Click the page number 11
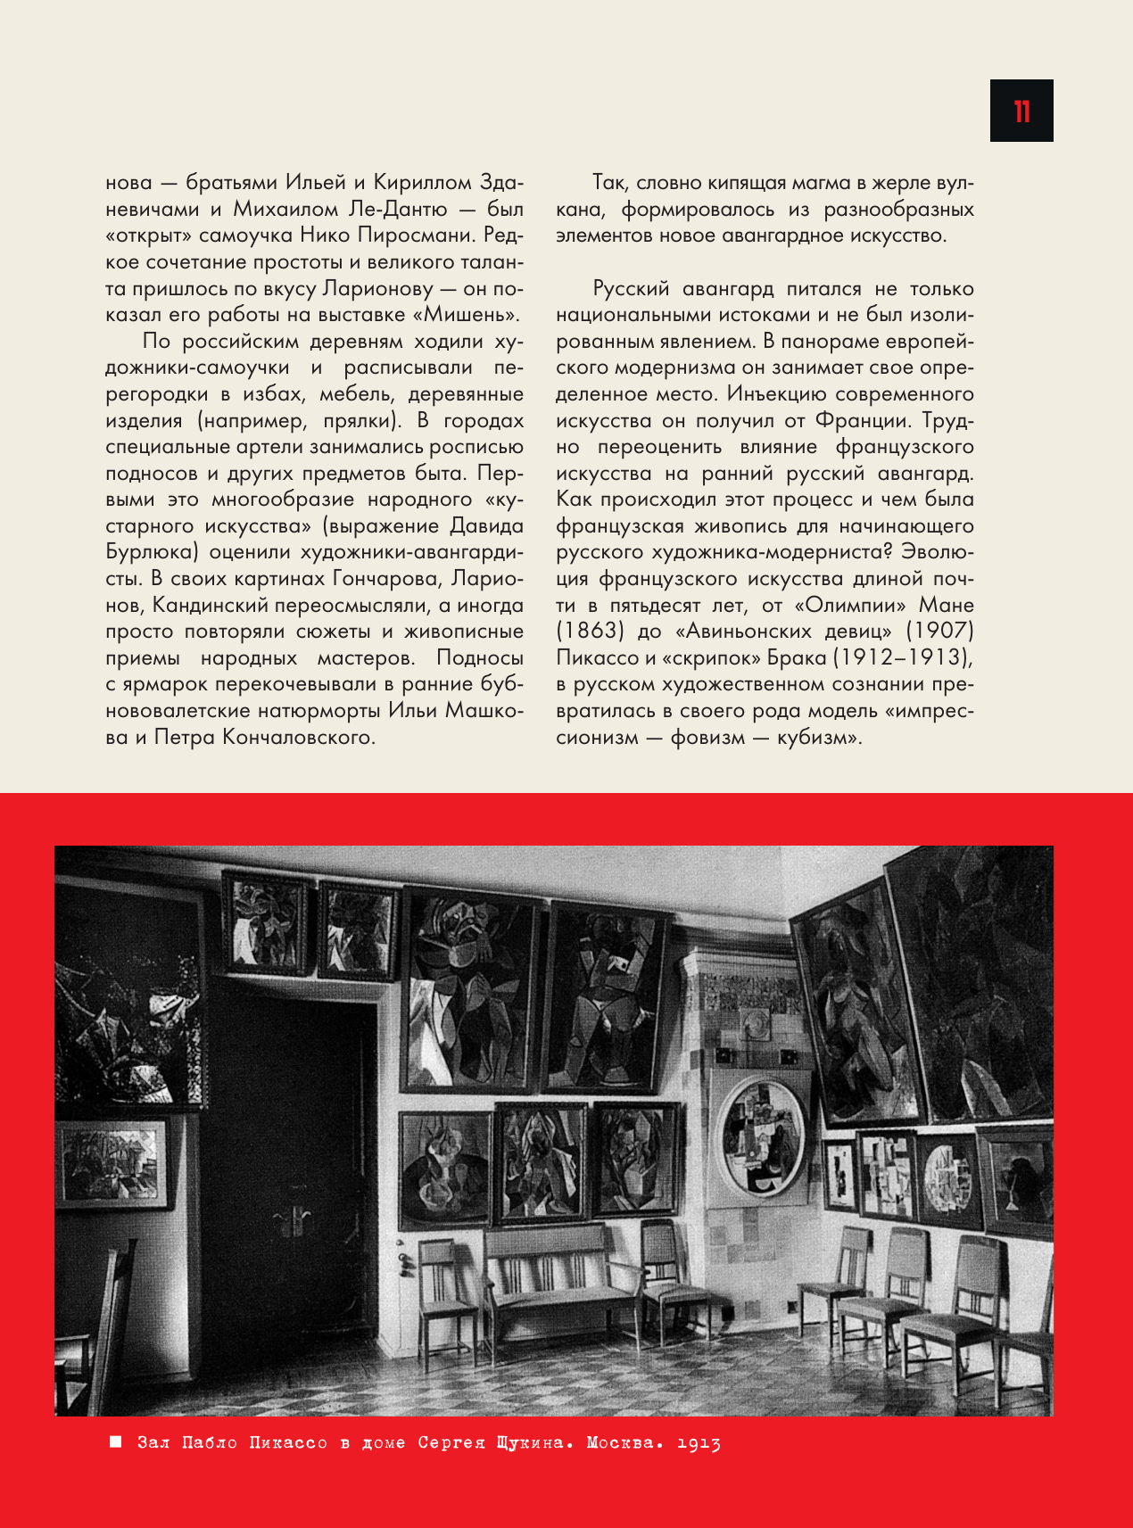[x=1021, y=112]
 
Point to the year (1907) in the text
[x=939, y=632]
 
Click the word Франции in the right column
[x=863, y=420]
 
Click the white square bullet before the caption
[x=115, y=1442]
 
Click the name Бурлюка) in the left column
[x=147, y=552]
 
